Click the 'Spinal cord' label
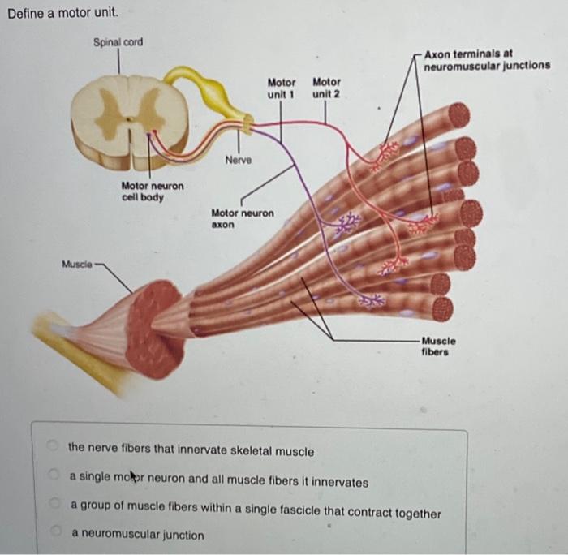point(118,41)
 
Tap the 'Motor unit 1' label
point(282,88)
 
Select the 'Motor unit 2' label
point(326,88)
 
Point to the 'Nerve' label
point(239,161)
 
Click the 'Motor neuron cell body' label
point(153,192)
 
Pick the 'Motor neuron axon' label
point(243,218)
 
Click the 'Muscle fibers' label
point(438,346)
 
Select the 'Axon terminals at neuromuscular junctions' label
point(486,59)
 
